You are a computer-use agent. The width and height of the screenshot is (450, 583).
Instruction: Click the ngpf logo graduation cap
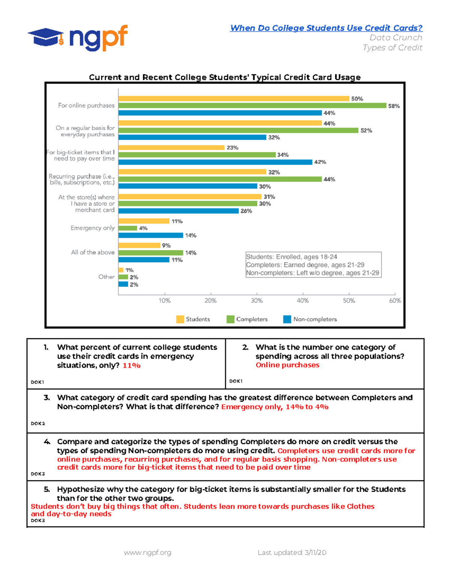pyautogui.click(x=45, y=37)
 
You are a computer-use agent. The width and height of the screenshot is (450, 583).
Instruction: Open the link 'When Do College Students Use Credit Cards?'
pyautogui.click(x=326, y=28)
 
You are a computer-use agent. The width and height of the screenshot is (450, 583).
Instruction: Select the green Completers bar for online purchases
pyautogui.click(x=252, y=106)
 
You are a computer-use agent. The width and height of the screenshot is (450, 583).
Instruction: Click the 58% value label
pyautogui.click(x=394, y=106)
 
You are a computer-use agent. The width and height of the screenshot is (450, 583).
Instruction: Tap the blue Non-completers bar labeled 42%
pyautogui.click(x=215, y=162)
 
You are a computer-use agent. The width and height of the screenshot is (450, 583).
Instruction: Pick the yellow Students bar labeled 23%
pyautogui.click(x=171, y=148)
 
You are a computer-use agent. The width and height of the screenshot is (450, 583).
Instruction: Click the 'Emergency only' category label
pyautogui.click(x=92, y=228)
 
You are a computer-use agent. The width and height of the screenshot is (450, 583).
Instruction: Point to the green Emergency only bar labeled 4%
pyautogui.click(x=127, y=228)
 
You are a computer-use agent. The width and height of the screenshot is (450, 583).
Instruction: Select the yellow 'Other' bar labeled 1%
pyautogui.click(x=121, y=270)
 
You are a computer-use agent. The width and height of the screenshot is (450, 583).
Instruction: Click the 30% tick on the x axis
pyautogui.click(x=256, y=300)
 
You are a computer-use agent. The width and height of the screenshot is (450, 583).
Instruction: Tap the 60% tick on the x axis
pyautogui.click(x=395, y=300)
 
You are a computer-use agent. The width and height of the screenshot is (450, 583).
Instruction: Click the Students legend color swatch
pyautogui.click(x=180, y=319)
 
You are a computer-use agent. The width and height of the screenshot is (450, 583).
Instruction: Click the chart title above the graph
pyautogui.click(x=225, y=77)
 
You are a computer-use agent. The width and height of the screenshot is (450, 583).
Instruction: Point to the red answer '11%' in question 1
pyautogui.click(x=131, y=366)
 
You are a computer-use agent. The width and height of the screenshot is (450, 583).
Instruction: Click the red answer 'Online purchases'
pyautogui.click(x=287, y=365)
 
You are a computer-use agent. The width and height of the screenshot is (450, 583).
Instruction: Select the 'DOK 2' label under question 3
pyautogui.click(x=37, y=423)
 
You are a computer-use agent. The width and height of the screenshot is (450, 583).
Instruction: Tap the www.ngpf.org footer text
pyautogui.click(x=147, y=553)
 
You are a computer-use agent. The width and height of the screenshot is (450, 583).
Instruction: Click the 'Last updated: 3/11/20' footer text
pyautogui.click(x=292, y=553)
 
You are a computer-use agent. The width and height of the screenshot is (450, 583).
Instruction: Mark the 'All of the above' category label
pyautogui.click(x=93, y=252)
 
